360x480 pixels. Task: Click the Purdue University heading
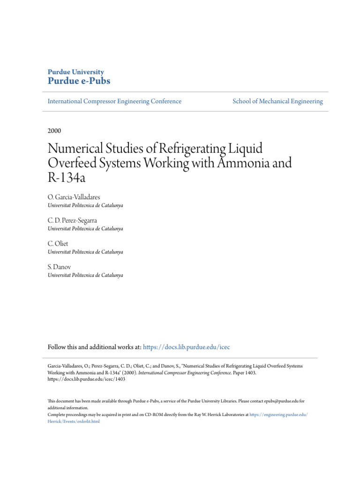[x=76, y=72]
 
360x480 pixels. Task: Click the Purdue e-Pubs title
[x=79, y=81]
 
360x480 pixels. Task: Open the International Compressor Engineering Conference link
[x=114, y=101]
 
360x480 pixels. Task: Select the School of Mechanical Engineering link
[x=277, y=101]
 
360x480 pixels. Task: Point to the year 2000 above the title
[x=54, y=131]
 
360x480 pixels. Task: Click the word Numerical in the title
[x=78, y=150]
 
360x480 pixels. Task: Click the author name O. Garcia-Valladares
[x=74, y=198]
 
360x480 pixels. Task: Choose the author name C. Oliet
[x=58, y=244]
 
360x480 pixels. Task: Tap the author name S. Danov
[x=60, y=267]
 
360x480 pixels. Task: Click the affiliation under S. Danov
[x=85, y=275]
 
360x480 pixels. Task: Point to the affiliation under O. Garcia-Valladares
[x=85, y=206]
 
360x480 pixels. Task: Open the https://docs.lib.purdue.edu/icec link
[x=187, y=347]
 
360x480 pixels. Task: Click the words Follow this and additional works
[x=88, y=347]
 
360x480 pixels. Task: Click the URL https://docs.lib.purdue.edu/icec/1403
[x=87, y=380]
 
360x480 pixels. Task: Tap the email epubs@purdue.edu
[x=273, y=401]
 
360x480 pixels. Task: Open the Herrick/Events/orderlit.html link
[x=74, y=421]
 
